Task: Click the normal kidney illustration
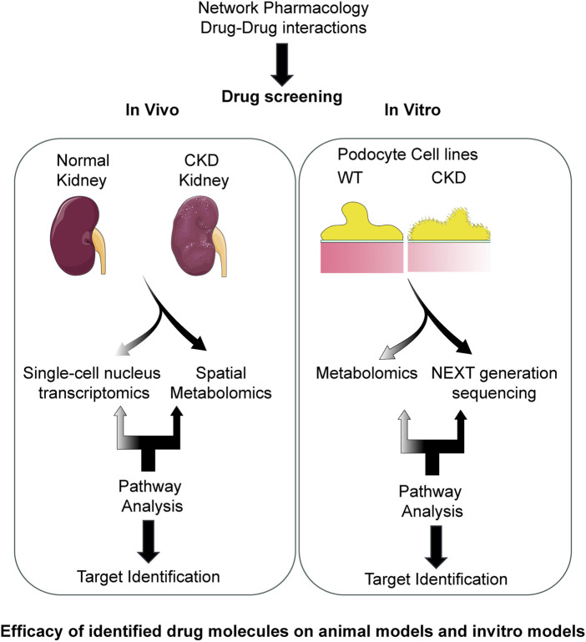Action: (76, 235)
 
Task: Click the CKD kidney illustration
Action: (196, 236)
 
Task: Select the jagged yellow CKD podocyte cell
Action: (449, 225)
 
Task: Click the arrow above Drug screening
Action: (282, 64)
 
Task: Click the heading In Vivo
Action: (152, 109)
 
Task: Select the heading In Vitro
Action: (412, 109)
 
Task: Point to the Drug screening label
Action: (282, 97)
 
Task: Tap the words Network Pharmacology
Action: (283, 8)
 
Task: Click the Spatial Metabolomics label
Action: (220, 383)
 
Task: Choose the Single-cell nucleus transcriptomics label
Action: (92, 383)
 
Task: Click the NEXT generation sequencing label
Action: (494, 383)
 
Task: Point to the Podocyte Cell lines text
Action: (407, 154)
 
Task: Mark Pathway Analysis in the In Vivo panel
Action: (151, 496)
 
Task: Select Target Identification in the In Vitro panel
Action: (436, 579)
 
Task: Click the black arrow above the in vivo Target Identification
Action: (149, 541)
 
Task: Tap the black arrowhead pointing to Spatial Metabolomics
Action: (200, 343)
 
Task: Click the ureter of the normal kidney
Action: (99, 250)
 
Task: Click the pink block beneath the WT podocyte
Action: (362, 258)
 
